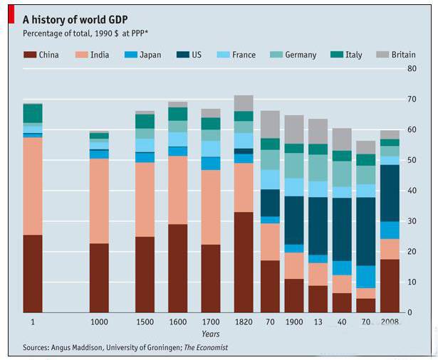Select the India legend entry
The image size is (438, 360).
coord(99,54)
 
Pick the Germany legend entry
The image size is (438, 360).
coord(300,54)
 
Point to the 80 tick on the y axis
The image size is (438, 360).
coord(411,68)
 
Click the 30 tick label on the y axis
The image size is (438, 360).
coord(411,221)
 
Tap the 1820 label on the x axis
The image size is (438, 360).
coord(243,322)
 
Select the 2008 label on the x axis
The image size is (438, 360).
coord(390,322)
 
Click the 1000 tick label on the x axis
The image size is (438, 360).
coord(99,322)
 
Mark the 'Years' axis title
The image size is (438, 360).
coord(210,333)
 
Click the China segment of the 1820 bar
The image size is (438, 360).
coord(244,262)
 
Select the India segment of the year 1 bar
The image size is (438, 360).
coord(33,186)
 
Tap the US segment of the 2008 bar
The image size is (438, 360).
coord(390,193)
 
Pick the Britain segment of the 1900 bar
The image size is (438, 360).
coord(294,129)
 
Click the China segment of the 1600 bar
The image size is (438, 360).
coord(178,268)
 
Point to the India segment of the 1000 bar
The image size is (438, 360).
coord(99,201)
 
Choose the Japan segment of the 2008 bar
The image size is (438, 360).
coord(390,230)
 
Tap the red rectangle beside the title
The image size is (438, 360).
coord(11,15)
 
